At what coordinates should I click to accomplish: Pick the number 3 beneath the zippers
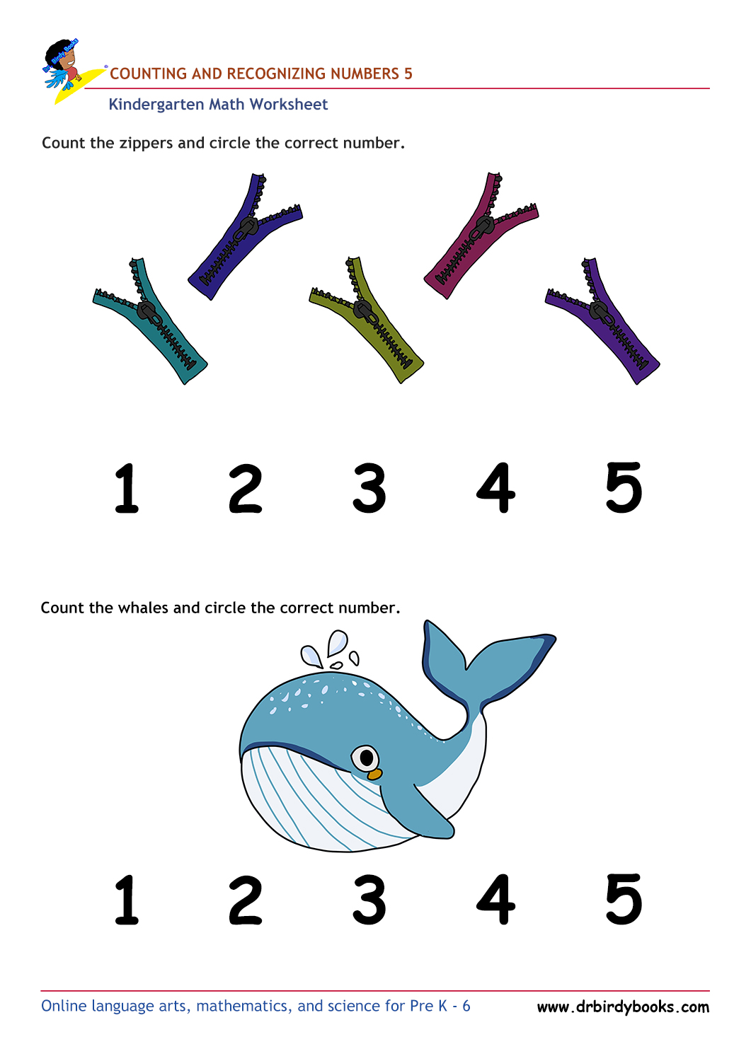point(369,488)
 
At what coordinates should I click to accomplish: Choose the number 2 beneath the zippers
point(246,489)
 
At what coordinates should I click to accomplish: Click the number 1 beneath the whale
point(127,900)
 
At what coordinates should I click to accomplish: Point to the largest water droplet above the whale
point(338,643)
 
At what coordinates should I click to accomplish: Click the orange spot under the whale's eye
point(374,775)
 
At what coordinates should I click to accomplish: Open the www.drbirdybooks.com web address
point(623,1007)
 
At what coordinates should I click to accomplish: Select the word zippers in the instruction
point(146,144)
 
